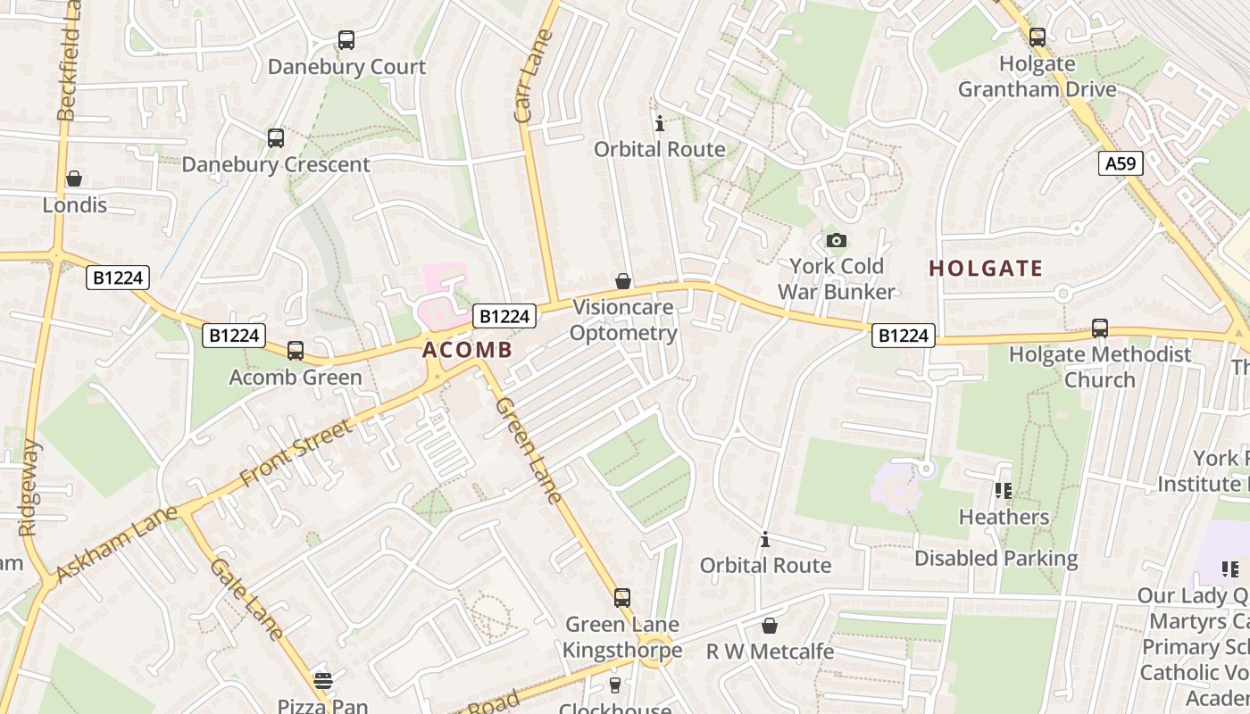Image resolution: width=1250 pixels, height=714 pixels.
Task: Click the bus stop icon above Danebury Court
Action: (x=346, y=40)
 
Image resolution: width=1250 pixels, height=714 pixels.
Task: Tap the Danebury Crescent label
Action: (x=275, y=164)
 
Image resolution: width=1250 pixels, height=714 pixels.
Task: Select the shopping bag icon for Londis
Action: (x=74, y=179)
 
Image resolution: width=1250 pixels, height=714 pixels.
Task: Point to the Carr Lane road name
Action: (x=535, y=77)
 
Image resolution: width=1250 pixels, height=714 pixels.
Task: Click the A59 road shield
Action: (x=1120, y=163)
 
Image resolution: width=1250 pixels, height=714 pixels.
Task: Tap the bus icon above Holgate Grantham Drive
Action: (x=1037, y=37)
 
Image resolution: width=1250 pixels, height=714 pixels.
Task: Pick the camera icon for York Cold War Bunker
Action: (x=836, y=240)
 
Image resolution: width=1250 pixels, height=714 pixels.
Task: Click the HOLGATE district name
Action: (x=986, y=269)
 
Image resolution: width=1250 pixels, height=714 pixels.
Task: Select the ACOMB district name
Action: (x=467, y=350)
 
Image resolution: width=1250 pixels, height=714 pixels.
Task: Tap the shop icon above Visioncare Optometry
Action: (x=623, y=282)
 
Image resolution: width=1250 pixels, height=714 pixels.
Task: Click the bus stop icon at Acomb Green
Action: (x=296, y=351)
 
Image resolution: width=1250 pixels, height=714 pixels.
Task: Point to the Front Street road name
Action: (x=296, y=453)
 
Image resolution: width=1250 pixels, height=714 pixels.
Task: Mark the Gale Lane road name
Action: (x=247, y=599)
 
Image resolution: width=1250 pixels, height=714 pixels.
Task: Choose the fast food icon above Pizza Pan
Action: (x=322, y=681)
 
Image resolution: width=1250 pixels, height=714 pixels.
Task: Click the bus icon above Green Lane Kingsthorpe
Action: (x=622, y=598)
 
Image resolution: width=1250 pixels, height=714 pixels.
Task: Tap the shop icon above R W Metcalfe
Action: (x=769, y=626)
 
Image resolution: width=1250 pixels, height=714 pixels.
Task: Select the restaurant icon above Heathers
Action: (x=1004, y=491)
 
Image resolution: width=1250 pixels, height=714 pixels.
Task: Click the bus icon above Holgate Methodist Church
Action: (x=1099, y=328)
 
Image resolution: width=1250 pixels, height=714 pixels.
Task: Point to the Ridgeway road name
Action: (x=29, y=487)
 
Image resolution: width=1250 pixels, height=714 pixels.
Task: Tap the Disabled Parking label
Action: (x=996, y=559)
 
